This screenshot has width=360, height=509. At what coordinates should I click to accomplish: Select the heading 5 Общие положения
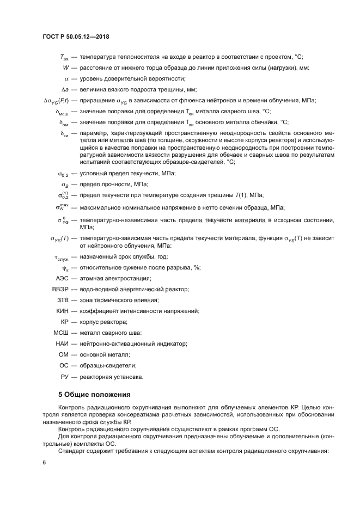(94, 394)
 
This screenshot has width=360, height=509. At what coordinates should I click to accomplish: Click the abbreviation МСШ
(62, 333)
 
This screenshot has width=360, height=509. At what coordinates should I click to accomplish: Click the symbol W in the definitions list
(66, 68)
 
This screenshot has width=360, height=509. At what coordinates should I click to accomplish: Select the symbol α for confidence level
(66, 78)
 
